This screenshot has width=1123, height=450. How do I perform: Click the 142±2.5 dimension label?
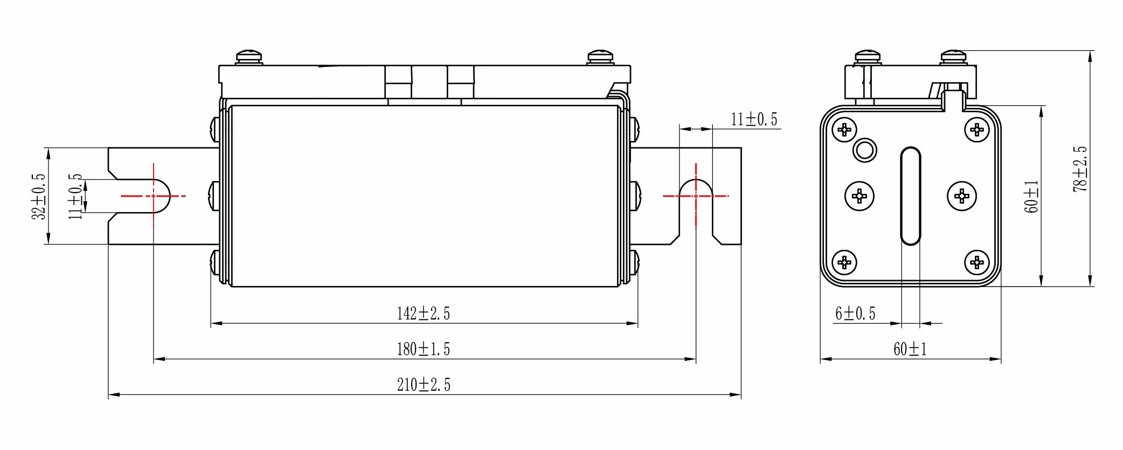[423, 313]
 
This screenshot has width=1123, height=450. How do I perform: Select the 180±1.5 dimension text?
[423, 349]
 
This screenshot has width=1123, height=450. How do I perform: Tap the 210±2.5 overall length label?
[423, 385]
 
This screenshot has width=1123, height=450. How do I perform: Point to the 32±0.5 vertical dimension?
[39, 196]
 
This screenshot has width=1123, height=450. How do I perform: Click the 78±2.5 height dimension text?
[1080, 169]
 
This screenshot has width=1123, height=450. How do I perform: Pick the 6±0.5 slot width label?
[855, 313]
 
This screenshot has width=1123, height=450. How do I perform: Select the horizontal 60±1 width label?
[910, 349]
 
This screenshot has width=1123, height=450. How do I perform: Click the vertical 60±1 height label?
[1031, 196]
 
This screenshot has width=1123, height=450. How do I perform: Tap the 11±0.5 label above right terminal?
[754, 119]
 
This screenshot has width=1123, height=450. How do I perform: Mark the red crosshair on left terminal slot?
[154, 196]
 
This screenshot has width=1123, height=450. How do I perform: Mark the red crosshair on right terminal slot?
[696, 196]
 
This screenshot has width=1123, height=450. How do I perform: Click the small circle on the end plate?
[864, 150]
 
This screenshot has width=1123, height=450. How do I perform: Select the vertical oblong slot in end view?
[911, 195]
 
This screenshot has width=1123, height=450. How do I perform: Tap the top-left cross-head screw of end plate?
[844, 129]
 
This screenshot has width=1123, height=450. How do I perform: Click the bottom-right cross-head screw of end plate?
[976, 262]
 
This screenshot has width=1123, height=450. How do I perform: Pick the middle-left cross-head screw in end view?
[859, 195]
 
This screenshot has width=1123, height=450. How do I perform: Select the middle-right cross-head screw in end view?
[961, 195]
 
